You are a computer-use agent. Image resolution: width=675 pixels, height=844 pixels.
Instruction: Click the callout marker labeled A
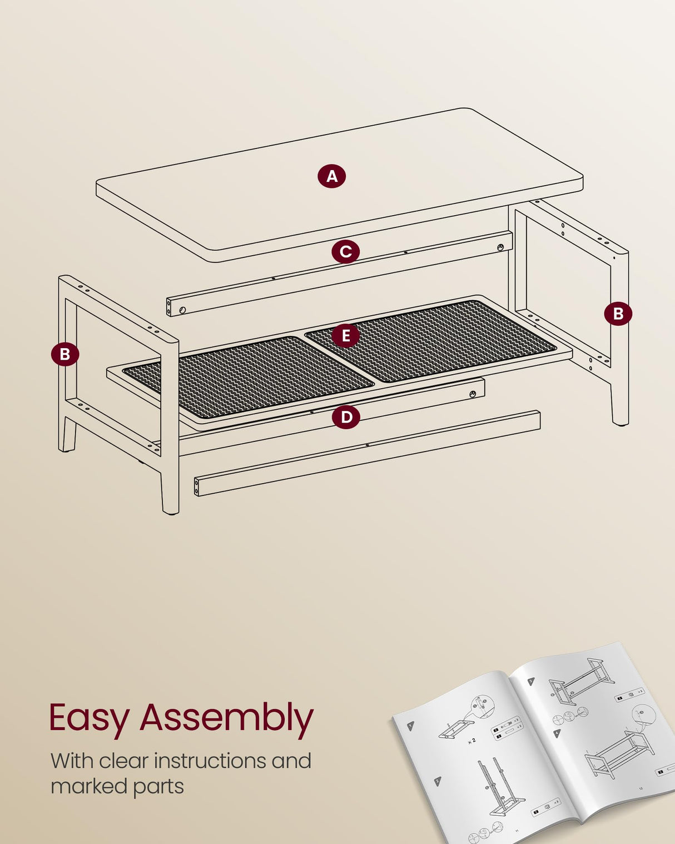[332, 176]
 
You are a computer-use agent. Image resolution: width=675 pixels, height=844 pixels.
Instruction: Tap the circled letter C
[345, 252]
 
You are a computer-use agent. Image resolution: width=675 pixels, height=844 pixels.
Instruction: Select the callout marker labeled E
[346, 336]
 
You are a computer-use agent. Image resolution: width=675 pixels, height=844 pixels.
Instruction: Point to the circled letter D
[346, 417]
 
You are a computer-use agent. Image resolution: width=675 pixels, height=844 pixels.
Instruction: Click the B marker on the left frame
[65, 354]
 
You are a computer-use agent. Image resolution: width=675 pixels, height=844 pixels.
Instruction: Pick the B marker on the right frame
[618, 314]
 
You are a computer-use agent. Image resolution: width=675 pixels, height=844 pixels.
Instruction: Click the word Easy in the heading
[89, 718]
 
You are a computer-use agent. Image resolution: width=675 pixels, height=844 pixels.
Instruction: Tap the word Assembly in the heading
[226, 718]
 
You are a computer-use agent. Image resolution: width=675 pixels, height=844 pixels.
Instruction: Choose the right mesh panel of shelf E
[431, 340]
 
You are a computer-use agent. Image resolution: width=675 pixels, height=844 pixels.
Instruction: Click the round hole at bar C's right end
[500, 247]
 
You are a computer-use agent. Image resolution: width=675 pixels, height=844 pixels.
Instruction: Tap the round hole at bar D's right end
[473, 394]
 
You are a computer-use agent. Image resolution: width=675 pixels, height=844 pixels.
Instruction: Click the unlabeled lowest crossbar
[367, 453]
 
